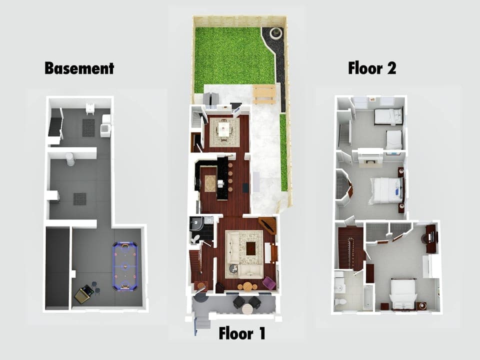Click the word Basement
[79, 68]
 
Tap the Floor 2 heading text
[372, 68]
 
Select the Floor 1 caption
[242, 333]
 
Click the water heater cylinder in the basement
[70, 159]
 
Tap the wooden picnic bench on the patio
[264, 93]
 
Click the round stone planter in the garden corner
[275, 33]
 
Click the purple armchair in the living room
[268, 283]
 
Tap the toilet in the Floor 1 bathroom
[195, 238]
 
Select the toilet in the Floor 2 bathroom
[339, 302]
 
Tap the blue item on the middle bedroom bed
[396, 190]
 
